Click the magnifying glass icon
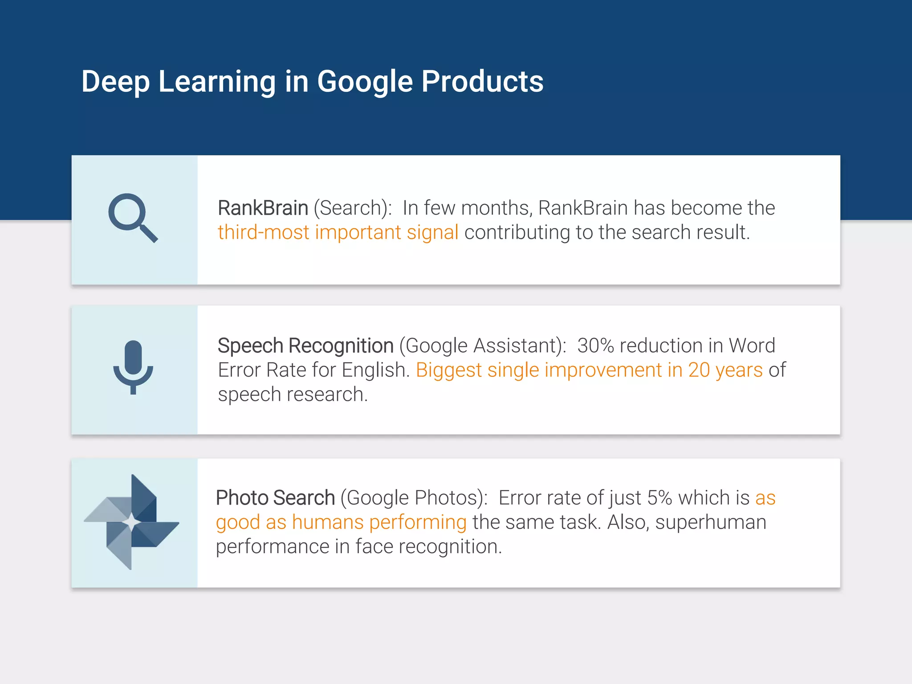pos(133,218)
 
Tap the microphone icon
pos(133,366)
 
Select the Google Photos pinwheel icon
pos(132,522)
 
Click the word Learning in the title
pos(217,82)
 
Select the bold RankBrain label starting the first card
pos(263,208)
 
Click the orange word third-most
pos(263,232)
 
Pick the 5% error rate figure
pos(660,498)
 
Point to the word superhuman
pos(711,522)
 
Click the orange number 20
pos(699,370)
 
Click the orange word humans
pos(328,522)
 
